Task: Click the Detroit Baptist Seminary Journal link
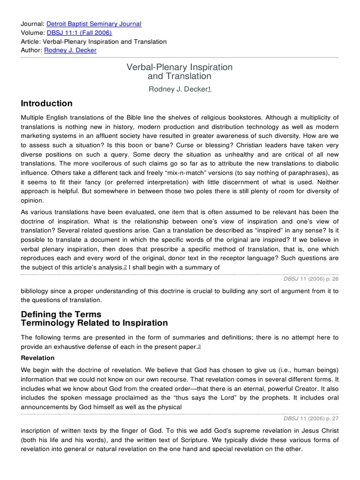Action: [x=94, y=24]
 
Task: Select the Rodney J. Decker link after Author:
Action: [x=70, y=51]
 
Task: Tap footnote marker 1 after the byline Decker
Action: [x=210, y=90]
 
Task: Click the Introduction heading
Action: [x=46, y=104]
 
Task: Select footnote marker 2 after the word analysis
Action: [x=125, y=267]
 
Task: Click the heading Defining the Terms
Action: [x=61, y=314]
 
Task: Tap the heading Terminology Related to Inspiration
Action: [x=94, y=323]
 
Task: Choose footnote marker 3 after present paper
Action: [x=199, y=346]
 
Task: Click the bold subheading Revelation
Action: [x=37, y=358]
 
